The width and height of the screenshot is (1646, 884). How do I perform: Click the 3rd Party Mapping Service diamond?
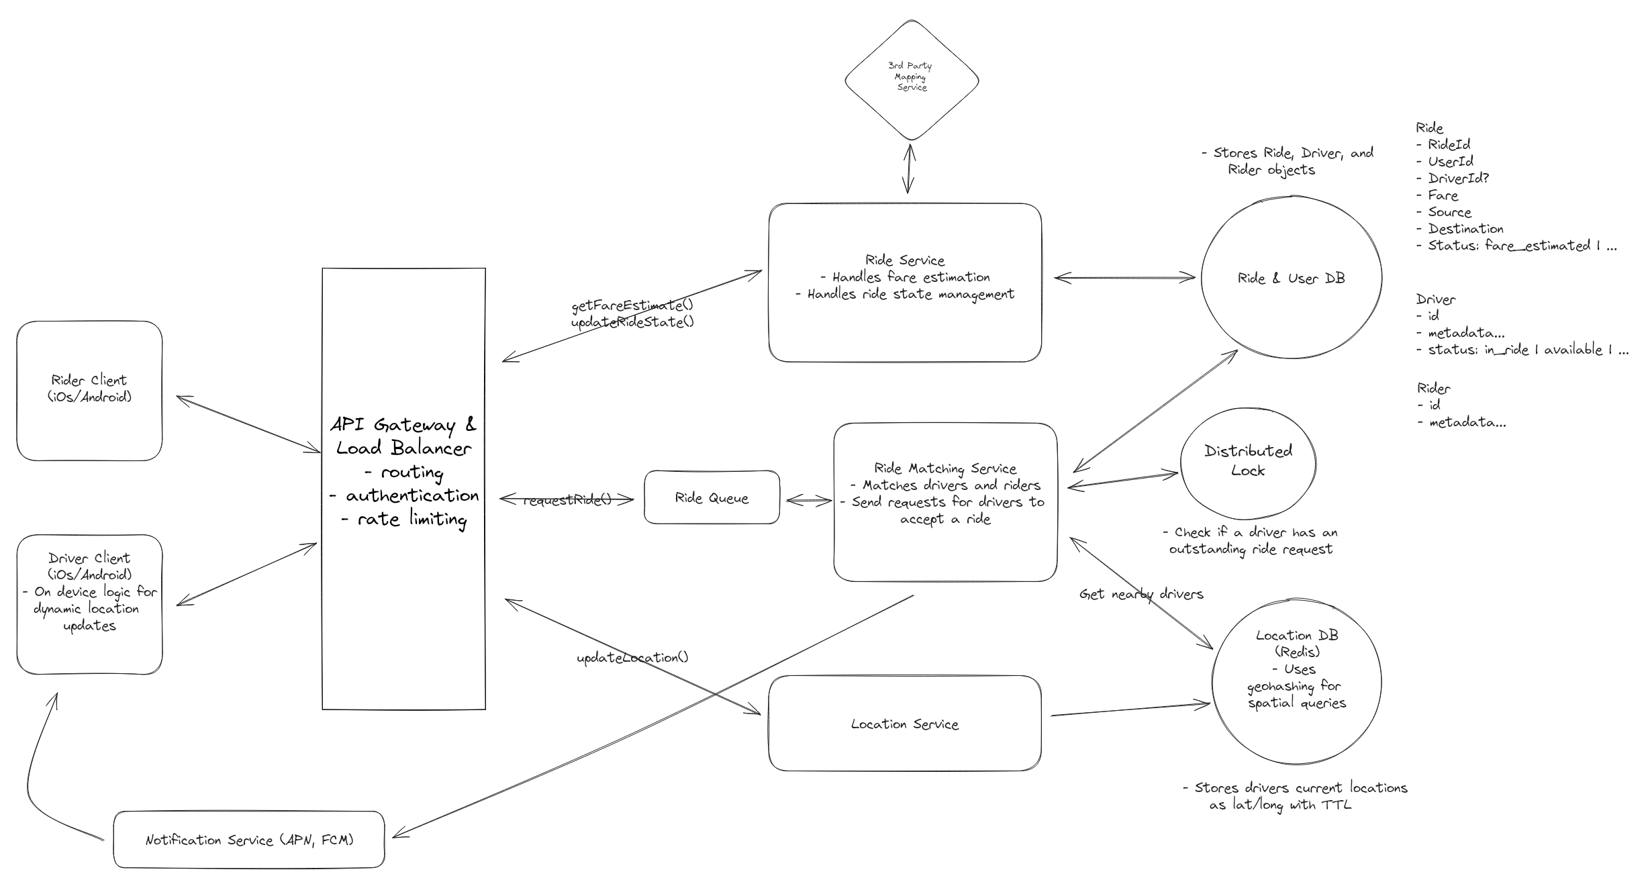coord(911,79)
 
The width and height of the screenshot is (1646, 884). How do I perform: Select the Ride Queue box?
coord(712,498)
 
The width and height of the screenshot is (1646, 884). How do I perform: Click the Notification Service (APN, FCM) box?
coord(249,840)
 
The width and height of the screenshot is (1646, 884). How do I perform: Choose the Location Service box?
coord(904,724)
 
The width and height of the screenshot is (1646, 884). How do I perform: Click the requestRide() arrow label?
coord(567,500)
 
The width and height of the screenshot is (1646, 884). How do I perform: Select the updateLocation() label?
coord(632,658)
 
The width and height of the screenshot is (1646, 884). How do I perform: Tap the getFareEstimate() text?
coord(632,305)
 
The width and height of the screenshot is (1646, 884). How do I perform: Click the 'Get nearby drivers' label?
coord(1141,594)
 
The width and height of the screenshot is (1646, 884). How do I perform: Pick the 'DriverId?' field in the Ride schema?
coord(1458,178)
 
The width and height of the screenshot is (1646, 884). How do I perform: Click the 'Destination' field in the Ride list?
coord(1464,228)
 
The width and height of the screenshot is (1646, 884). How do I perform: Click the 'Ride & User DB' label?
coord(1291,279)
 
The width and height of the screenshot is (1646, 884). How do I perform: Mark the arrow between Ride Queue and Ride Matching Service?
coord(808,501)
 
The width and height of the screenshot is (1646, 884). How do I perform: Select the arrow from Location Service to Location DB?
coord(1130,709)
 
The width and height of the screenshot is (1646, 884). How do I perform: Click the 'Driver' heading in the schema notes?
coord(1435,299)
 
